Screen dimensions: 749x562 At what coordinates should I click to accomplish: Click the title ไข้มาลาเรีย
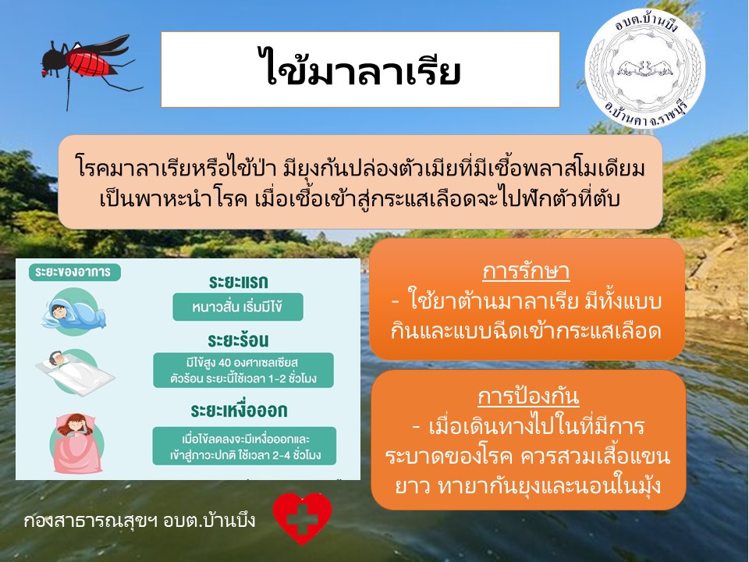click(x=360, y=69)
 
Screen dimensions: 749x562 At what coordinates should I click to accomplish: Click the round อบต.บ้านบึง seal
click(x=645, y=69)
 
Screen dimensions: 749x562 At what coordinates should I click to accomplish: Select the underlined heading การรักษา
click(x=526, y=272)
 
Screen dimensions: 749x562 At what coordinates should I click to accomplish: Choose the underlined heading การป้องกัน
click(x=529, y=397)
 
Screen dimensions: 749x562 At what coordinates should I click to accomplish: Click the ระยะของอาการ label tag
click(x=75, y=272)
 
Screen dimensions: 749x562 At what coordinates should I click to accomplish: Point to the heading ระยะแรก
click(x=239, y=283)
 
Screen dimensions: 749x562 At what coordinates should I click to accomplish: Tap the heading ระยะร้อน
click(x=239, y=340)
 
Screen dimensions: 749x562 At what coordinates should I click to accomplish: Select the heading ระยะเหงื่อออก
click(x=239, y=411)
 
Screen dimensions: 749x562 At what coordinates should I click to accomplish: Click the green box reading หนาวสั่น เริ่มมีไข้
click(x=238, y=307)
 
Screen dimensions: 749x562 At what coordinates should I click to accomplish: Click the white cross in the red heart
click(x=302, y=518)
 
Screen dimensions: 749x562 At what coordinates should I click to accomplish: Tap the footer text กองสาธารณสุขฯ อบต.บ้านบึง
click(x=139, y=521)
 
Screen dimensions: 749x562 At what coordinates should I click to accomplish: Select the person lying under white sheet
click(x=75, y=373)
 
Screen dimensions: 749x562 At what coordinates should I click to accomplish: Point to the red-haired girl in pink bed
click(x=76, y=443)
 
